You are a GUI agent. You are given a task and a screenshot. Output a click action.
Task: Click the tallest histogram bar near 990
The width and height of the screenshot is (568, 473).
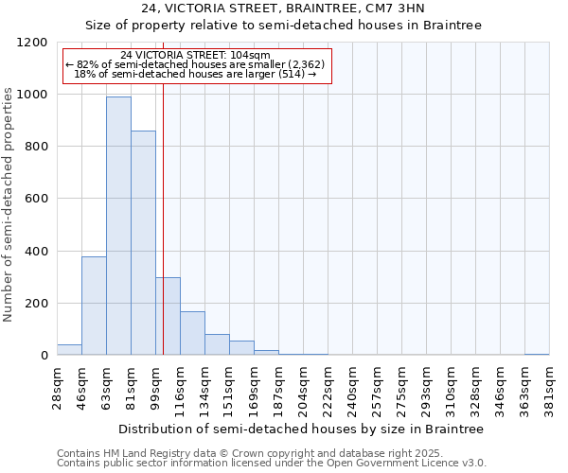(x=118, y=225)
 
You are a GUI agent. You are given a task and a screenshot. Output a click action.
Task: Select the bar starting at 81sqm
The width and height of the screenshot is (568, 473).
(x=143, y=243)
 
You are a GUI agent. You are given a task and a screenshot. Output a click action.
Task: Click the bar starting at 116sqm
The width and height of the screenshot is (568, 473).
(x=192, y=333)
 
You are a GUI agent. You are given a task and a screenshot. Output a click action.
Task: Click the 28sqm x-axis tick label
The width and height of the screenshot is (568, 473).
(x=58, y=385)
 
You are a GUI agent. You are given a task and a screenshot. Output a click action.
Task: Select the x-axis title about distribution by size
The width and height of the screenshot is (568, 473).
(x=303, y=429)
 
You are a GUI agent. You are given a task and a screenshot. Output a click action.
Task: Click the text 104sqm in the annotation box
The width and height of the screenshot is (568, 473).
(x=251, y=55)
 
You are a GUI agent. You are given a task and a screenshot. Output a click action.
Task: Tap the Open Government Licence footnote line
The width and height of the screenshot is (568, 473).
(x=272, y=464)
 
